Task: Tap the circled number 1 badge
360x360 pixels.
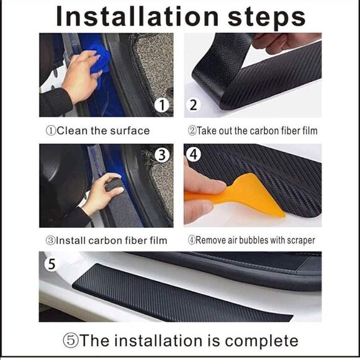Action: click(162, 106)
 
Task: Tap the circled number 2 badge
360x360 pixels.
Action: click(194, 105)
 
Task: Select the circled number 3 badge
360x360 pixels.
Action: click(162, 155)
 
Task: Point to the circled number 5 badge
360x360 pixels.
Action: click(51, 264)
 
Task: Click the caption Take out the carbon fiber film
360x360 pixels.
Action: click(253, 131)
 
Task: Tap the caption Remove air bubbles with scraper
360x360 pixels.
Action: click(251, 240)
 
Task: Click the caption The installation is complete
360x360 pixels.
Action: click(180, 341)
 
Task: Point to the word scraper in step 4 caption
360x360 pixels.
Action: click(298, 240)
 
